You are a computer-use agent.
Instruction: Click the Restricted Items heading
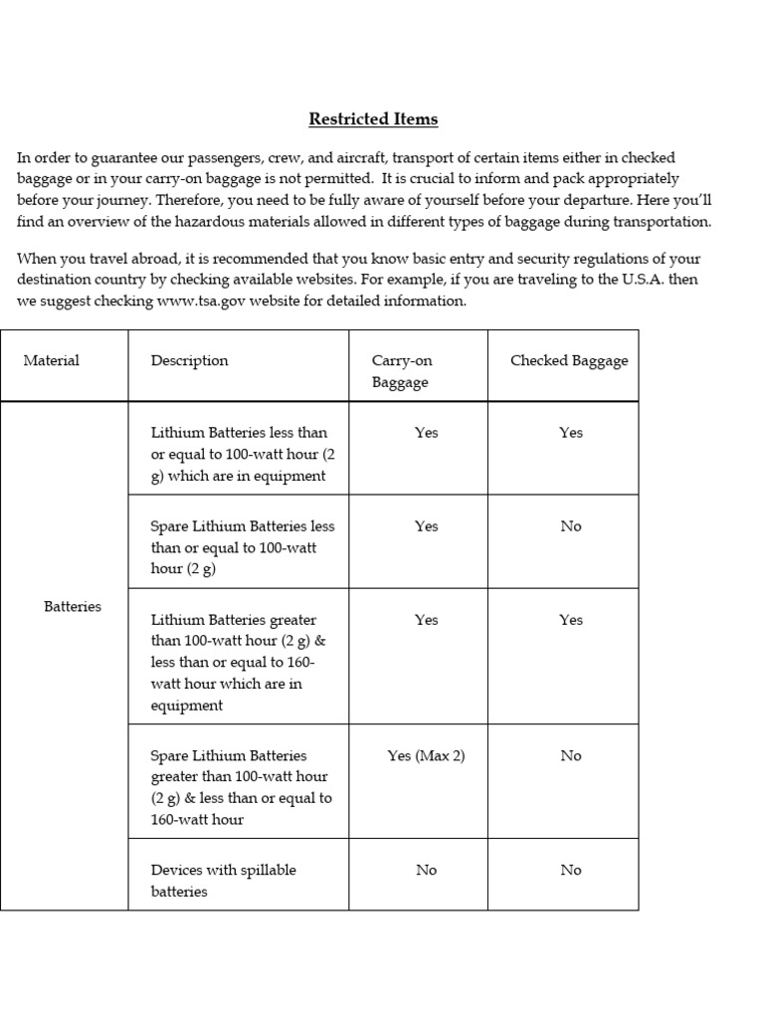click(x=373, y=119)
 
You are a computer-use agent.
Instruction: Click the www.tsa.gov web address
click(x=204, y=301)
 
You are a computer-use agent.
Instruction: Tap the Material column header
click(x=52, y=360)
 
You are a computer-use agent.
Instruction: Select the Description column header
click(x=189, y=360)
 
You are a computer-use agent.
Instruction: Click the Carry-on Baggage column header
click(x=402, y=371)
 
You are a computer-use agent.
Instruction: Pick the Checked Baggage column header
click(x=569, y=360)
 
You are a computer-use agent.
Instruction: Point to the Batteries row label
click(x=73, y=606)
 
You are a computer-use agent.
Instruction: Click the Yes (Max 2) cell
click(x=426, y=755)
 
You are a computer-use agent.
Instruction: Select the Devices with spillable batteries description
click(x=223, y=881)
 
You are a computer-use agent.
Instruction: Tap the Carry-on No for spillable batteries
click(x=426, y=870)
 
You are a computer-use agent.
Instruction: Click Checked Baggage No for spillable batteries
click(x=570, y=870)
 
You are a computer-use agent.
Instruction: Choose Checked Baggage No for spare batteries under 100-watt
click(x=570, y=525)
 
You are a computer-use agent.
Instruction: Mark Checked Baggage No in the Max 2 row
click(x=570, y=755)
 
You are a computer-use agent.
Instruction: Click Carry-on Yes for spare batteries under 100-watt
click(x=426, y=525)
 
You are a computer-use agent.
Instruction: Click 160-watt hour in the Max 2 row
click(x=197, y=819)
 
